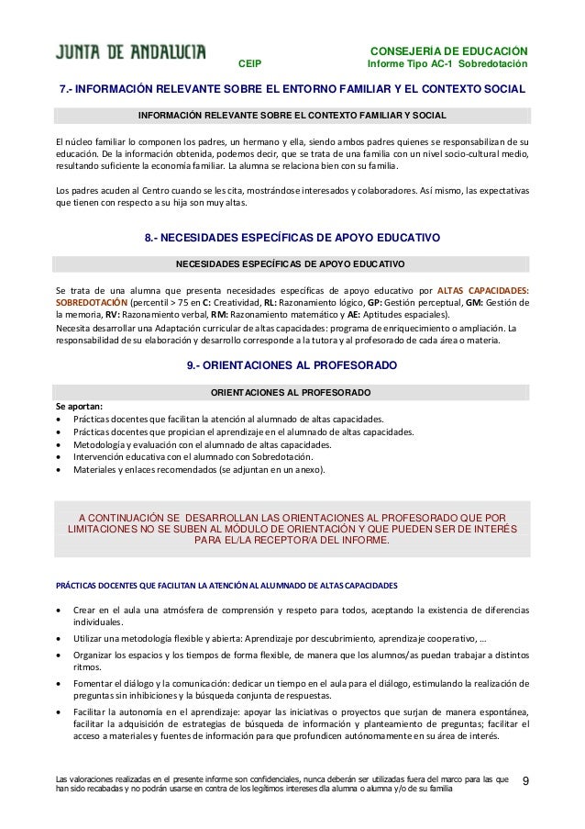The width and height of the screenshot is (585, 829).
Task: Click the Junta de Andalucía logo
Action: coord(131,52)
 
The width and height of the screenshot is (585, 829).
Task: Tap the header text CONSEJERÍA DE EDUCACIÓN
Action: coord(447,50)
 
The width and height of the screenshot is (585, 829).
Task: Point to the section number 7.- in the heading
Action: coord(67,90)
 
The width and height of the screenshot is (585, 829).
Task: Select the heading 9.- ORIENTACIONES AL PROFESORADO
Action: coord(292,364)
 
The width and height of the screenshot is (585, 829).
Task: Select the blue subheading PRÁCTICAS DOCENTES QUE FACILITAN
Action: coord(226,584)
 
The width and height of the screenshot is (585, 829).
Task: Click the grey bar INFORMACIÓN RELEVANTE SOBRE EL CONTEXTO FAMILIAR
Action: coord(292,116)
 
